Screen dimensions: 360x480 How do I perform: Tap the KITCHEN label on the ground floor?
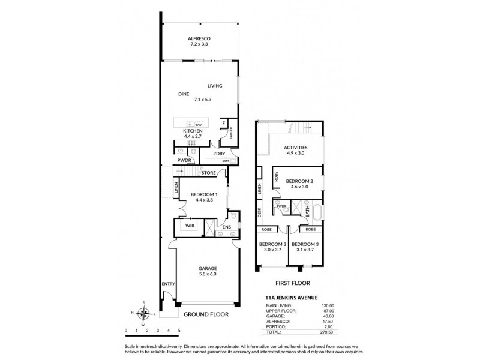pos(193,131)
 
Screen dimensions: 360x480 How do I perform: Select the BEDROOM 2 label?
pos(296,181)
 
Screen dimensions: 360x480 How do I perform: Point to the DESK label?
pos(260,212)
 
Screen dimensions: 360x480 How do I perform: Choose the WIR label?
pos(189,226)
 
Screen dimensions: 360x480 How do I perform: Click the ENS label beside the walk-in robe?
pos(226,227)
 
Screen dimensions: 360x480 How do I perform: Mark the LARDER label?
pos(230,132)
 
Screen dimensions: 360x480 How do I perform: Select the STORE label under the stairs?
pos(209,173)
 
